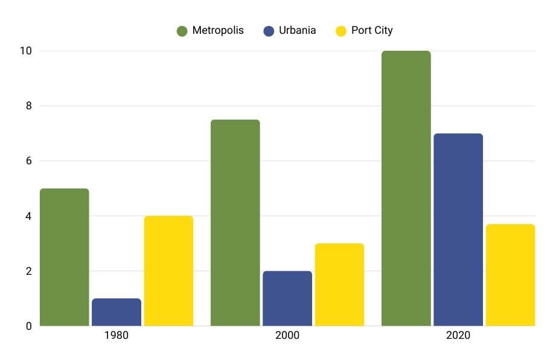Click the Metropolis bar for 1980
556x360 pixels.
(65, 257)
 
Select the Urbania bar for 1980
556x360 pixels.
(117, 312)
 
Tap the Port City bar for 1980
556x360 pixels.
(168, 271)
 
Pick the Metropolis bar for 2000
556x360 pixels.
(235, 223)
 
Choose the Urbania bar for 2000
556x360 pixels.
(287, 298)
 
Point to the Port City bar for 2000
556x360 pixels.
(339, 284)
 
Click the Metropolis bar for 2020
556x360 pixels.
(406, 188)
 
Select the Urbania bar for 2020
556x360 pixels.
(458, 230)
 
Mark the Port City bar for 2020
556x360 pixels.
(510, 275)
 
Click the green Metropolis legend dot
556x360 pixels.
(182, 31)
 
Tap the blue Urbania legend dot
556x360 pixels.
(269, 31)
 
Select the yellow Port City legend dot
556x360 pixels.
(341, 31)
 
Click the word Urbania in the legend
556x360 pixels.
(297, 30)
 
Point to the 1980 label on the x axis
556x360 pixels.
(116, 336)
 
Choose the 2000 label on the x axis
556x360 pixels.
(287, 336)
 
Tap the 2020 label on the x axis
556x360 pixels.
(458, 336)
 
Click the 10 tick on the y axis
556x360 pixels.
(25, 51)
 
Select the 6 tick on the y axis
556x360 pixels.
(28, 161)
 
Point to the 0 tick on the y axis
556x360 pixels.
(28, 326)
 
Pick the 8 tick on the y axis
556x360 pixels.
(28, 106)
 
